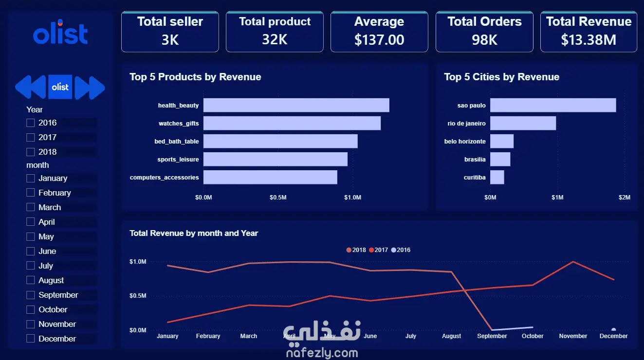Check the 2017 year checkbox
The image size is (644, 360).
click(x=31, y=137)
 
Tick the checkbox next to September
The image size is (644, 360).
click(x=31, y=295)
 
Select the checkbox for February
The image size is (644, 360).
click(x=31, y=193)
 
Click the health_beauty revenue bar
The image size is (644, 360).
click(x=296, y=105)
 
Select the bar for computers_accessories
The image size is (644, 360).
click(x=270, y=177)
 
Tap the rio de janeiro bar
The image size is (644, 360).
click(x=523, y=123)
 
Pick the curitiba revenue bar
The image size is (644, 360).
click(x=497, y=177)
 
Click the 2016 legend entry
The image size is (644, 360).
click(x=401, y=250)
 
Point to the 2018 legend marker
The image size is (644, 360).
click(x=349, y=250)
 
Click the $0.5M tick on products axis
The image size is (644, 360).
click(x=278, y=198)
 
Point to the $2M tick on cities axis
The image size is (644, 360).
click(x=625, y=198)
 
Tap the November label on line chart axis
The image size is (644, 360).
click(x=573, y=336)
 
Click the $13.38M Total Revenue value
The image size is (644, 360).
click(x=589, y=40)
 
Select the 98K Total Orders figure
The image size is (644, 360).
click(x=484, y=40)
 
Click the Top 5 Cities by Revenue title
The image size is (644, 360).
click(x=502, y=77)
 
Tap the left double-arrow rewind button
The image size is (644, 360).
click(x=31, y=87)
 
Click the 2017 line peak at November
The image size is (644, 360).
click(x=573, y=261)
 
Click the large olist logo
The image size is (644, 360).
click(x=60, y=32)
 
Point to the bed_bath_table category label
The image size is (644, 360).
click(x=177, y=142)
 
